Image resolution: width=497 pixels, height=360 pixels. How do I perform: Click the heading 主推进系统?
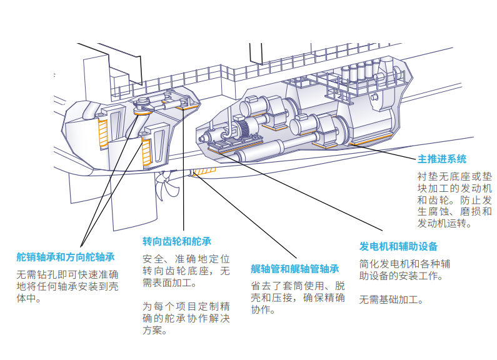441,159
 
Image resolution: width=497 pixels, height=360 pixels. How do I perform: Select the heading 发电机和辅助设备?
398,246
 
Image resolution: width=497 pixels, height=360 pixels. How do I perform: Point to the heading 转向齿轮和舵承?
177,241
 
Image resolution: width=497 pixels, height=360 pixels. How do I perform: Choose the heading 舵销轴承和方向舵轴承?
66,257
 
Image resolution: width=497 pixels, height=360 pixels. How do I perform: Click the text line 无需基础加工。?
392,299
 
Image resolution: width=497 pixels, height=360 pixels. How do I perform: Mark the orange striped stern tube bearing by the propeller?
203,172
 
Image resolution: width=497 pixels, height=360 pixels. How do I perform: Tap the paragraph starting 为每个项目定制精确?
186,318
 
